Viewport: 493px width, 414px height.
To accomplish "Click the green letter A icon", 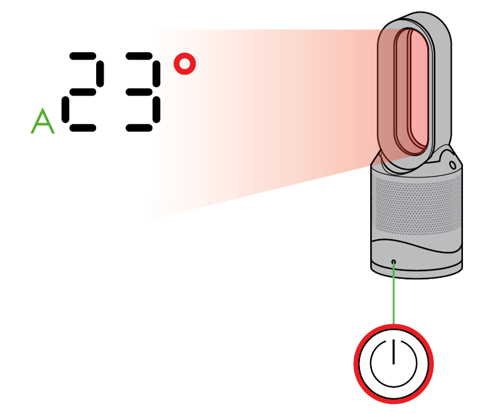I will tap(42, 121).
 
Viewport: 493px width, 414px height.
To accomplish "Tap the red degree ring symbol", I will tap(184, 64).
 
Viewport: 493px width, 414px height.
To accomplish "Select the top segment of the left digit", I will tap(82, 56).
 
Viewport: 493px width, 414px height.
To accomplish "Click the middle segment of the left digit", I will tap(82, 92).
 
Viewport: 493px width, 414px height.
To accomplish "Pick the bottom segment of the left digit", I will tap(82, 128).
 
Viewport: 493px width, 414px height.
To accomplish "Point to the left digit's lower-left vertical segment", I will tap(65, 109).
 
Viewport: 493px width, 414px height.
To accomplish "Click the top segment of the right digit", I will tap(139, 56).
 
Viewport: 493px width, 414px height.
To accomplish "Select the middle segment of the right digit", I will tap(139, 92).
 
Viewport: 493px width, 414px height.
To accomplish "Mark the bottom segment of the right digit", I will tap(139, 128).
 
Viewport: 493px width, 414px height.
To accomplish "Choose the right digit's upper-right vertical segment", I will tap(157, 73).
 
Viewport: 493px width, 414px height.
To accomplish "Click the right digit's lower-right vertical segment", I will tap(157, 109).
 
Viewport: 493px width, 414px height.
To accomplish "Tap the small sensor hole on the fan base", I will tap(393, 261).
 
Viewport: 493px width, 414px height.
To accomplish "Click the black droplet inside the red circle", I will tap(393, 357).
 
